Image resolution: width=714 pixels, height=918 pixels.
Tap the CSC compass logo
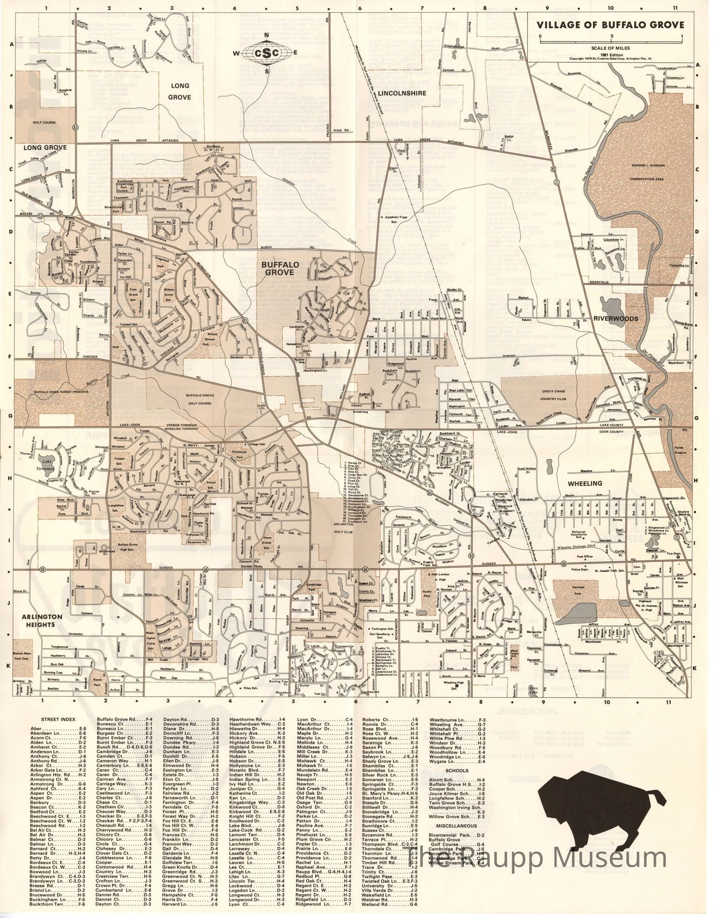pyautogui.click(x=266, y=53)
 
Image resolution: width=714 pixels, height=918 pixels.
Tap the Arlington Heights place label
pyautogui.click(x=41, y=620)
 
